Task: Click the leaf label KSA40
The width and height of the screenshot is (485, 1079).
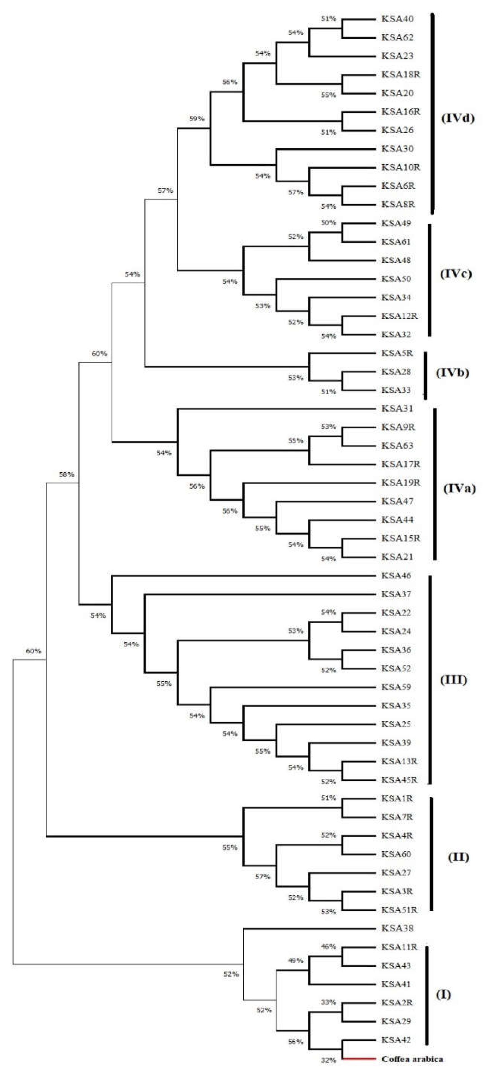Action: point(397,19)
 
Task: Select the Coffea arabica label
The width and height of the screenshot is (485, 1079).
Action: point(412,1059)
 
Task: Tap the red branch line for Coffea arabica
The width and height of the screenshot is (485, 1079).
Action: point(359,1058)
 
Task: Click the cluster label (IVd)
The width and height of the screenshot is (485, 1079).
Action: point(458,118)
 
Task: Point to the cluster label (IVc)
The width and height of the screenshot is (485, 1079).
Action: point(456,274)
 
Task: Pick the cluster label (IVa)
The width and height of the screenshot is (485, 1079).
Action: point(459,488)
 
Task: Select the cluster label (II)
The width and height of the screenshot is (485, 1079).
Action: point(458,857)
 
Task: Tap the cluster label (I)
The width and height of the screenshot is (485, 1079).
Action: point(443,994)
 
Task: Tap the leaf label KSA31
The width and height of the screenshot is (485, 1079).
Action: point(397,408)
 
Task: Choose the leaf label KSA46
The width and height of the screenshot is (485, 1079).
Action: point(396,576)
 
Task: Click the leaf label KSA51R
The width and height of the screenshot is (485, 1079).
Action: point(399,910)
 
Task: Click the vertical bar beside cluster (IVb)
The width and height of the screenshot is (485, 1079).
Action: point(426,375)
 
